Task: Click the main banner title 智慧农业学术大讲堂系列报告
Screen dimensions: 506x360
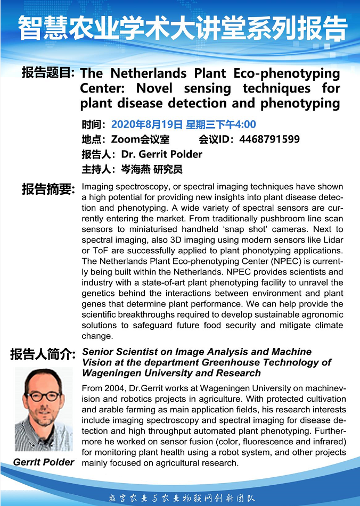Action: (x=180, y=28)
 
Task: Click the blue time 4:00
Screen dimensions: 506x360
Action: (x=243, y=125)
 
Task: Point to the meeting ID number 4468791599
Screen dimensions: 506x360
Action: (x=269, y=140)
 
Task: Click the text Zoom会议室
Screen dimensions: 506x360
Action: (x=140, y=140)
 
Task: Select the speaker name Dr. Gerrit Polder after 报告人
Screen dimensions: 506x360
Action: (x=162, y=155)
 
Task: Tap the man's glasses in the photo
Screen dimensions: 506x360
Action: (x=44, y=395)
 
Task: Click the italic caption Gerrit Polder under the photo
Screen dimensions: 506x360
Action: (x=44, y=462)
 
